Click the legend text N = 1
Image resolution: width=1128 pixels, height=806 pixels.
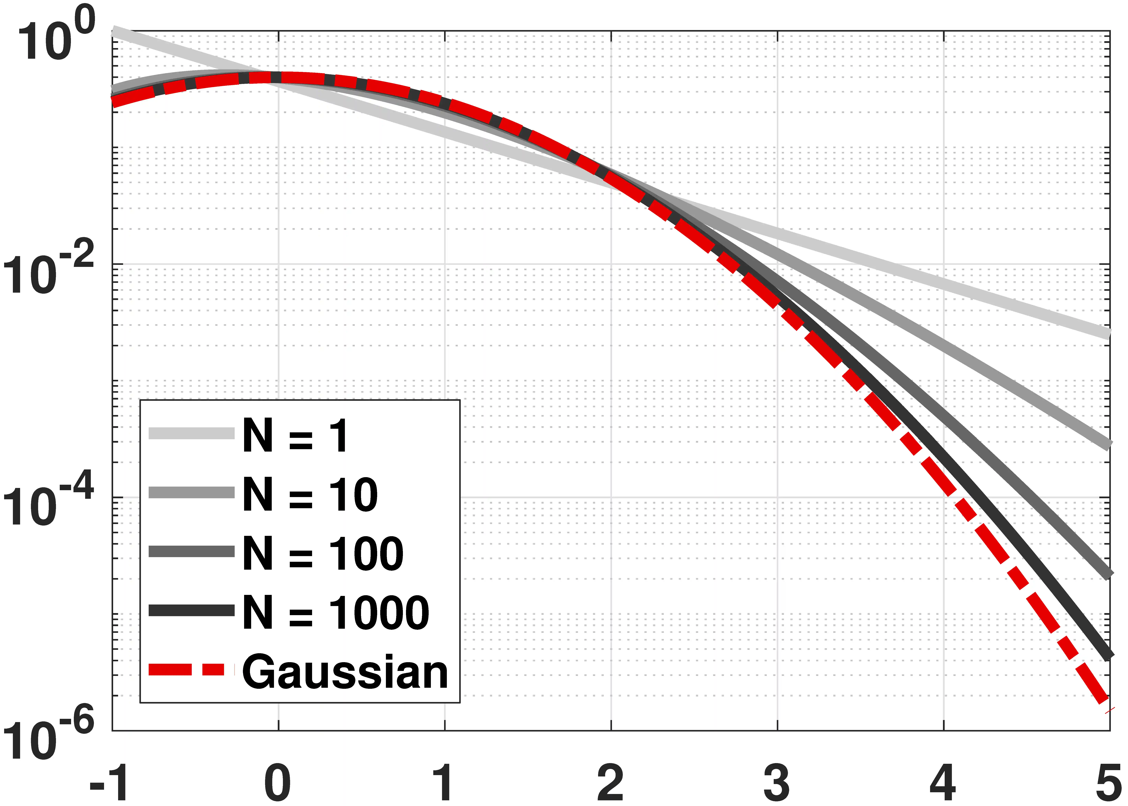[x=296, y=436]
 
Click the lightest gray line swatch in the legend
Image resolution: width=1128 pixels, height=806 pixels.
[x=192, y=433]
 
